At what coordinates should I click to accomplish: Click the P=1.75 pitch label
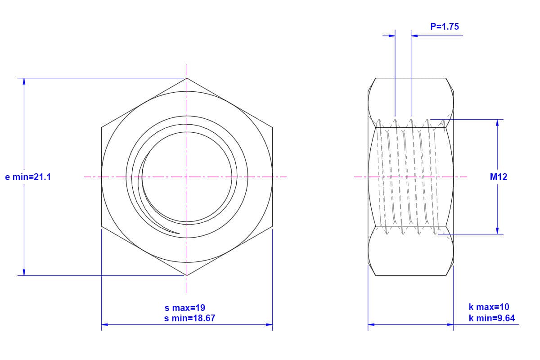pos(445,27)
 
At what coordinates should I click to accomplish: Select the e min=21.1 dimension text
pos(28,177)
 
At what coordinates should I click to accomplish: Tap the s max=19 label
pos(184,308)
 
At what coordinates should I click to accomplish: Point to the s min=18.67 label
pos(189,318)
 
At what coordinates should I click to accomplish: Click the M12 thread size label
pos(499,177)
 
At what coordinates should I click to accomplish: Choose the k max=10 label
pos(489,307)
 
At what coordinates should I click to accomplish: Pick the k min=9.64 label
pos(492,318)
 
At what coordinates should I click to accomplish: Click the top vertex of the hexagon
pos(187,78)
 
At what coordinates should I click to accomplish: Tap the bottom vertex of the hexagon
pos(187,275)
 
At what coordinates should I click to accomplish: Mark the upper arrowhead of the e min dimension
pos(24,81)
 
